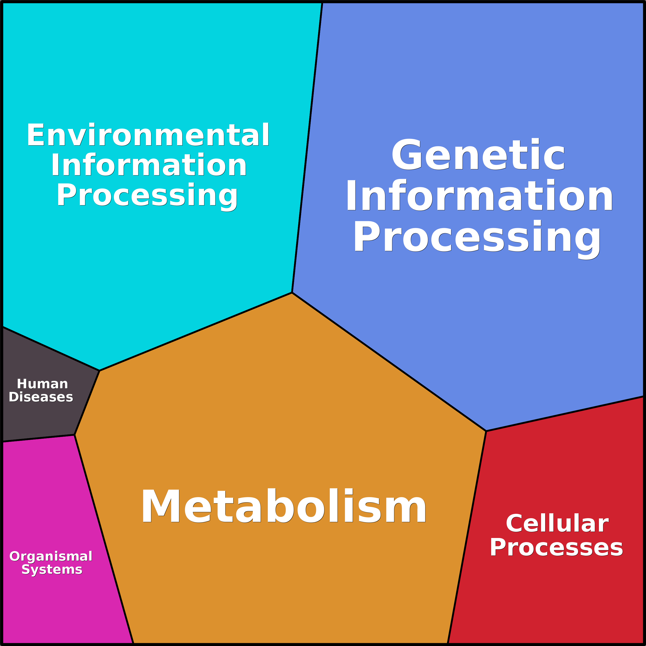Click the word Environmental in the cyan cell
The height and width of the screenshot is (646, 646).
pyautogui.click(x=148, y=135)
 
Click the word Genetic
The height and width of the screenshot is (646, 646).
pyautogui.click(x=478, y=155)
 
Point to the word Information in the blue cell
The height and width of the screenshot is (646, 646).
pyautogui.click(x=479, y=196)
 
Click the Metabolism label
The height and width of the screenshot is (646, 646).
pyautogui.click(x=284, y=507)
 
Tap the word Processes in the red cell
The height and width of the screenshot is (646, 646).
pyautogui.click(x=557, y=547)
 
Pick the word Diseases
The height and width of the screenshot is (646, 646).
pyautogui.click(x=41, y=397)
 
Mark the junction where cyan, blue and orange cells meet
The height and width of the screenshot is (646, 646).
pyautogui.click(x=292, y=293)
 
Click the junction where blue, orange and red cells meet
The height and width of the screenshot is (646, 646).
pyautogui.click(x=486, y=431)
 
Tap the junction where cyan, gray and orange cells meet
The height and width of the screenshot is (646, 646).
pyautogui.click(x=99, y=371)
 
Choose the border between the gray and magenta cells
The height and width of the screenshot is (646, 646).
pyautogui.click(x=39, y=438)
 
